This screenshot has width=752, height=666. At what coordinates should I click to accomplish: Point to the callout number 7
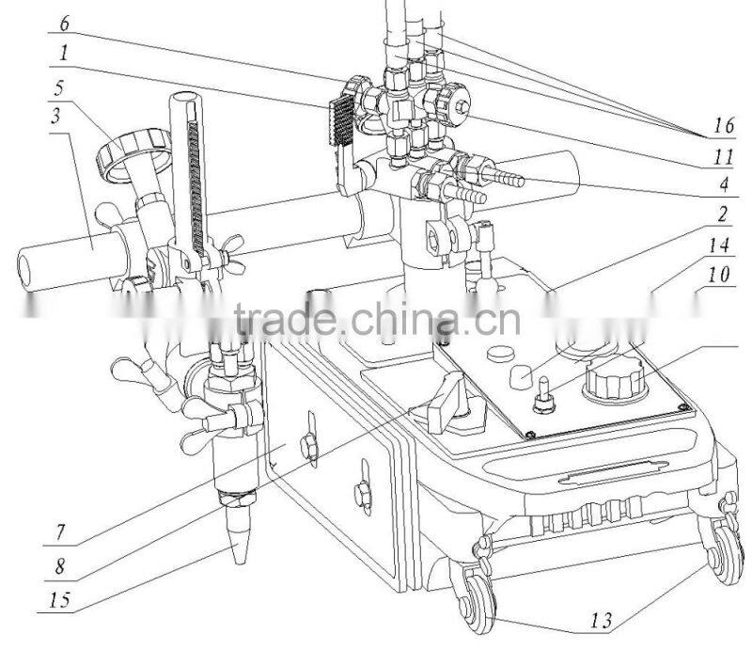tap(61, 531)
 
